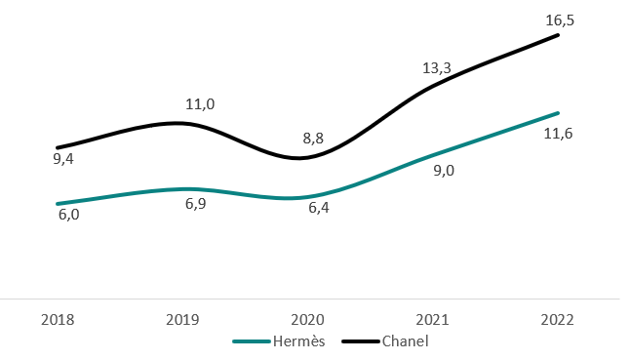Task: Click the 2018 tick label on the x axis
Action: coord(58,320)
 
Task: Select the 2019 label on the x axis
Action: coord(185,320)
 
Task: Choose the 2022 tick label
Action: coord(558,320)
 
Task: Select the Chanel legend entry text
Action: coord(405,341)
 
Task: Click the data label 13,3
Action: coord(436,67)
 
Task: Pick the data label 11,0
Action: coord(200,102)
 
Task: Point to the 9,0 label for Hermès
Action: coord(444,170)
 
